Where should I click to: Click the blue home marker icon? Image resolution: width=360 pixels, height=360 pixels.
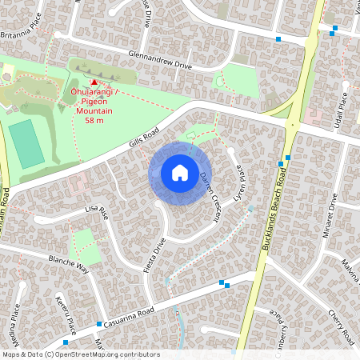(x=180, y=173)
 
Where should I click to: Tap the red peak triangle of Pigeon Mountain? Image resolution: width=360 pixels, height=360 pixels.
(x=94, y=82)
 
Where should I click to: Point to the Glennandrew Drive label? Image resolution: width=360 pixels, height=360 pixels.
(x=160, y=59)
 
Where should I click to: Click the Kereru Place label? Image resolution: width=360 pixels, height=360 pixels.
(x=65, y=314)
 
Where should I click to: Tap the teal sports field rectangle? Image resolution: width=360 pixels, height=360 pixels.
(x=27, y=143)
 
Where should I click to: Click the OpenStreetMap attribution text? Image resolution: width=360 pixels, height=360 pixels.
(x=81, y=354)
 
